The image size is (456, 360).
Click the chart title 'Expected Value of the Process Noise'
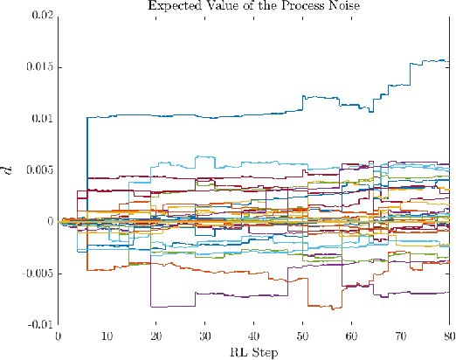click(252, 6)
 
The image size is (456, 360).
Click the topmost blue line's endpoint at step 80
click(448, 61)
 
